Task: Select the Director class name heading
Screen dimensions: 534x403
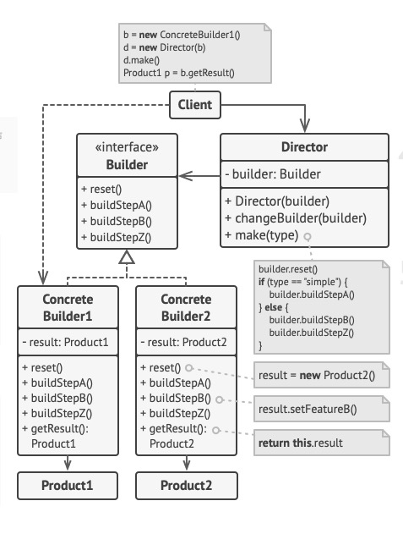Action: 304,147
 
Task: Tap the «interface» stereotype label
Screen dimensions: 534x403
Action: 128,146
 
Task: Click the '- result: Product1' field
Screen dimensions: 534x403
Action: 68,343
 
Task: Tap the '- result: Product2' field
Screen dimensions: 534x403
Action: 186,343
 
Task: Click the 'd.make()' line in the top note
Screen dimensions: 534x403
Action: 142,61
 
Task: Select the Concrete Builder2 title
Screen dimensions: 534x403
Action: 186,308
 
